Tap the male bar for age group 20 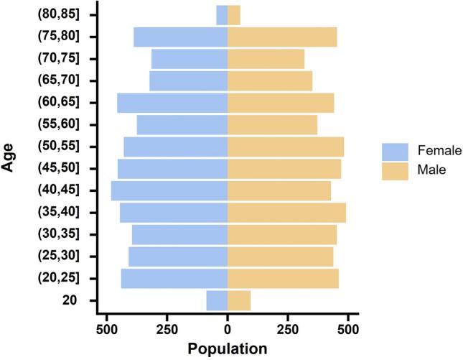pos(239,300)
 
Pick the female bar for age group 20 pos(217,300)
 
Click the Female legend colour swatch pos(395,151)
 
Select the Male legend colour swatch pos(395,170)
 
